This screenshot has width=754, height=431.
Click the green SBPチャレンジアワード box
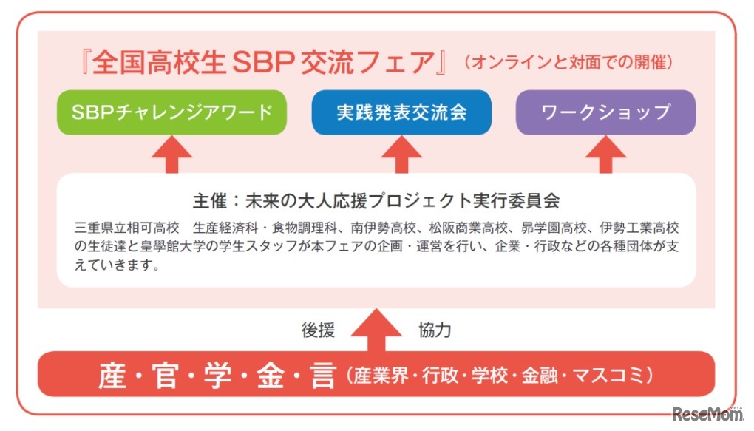click(171, 112)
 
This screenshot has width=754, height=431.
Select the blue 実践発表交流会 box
click(401, 112)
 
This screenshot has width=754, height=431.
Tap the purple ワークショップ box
click(605, 112)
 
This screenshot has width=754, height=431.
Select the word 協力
click(434, 330)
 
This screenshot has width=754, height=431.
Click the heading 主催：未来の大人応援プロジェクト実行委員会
click(376, 200)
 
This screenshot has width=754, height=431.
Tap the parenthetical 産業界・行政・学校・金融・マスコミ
click(500, 375)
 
